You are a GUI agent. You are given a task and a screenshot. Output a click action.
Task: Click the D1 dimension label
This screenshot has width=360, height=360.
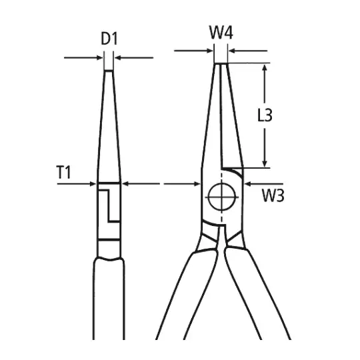pos(109,39)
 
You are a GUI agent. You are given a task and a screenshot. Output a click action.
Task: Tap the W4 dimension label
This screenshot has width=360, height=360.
pos(221,33)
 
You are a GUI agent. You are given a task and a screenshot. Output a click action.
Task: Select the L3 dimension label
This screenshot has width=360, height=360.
pos(265,115)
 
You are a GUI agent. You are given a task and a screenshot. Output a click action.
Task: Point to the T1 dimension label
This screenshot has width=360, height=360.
pos(63,172)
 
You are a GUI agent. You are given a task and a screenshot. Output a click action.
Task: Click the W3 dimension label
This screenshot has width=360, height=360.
pos(273,195)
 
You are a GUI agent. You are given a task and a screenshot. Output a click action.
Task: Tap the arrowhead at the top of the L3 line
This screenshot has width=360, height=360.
pos(265,68)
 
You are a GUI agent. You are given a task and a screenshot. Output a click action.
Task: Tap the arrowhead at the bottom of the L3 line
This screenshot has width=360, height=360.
pos(265,163)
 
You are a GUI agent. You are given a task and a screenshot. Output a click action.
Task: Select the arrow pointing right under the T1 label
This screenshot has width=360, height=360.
pos(77,184)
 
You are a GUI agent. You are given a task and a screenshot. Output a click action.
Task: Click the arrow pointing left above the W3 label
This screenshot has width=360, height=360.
pos(264,184)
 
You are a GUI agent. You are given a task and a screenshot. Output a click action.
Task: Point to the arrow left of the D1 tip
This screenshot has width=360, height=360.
pos(83,57)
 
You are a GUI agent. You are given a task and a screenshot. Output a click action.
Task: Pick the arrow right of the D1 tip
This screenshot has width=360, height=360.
pos(134,57)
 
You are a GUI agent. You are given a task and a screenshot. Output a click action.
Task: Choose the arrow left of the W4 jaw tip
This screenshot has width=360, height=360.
pos(193,51)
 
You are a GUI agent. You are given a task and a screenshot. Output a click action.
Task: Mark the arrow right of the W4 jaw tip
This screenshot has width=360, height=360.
pos(248,51)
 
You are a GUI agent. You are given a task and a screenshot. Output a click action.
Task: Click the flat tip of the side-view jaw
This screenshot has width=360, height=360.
pos(109,71)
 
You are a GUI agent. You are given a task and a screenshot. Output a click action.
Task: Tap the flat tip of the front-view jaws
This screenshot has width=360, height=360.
pos(221,63)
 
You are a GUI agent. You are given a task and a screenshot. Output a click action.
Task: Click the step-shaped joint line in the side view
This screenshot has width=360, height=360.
pos(109,205)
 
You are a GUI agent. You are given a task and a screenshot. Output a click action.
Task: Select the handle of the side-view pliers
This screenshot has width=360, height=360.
pos(109,299)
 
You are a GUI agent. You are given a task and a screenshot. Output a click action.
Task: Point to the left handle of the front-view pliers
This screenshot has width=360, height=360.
pos(186,296)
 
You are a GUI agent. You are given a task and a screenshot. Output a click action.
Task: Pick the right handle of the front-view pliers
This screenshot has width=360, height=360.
pos(258,296)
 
